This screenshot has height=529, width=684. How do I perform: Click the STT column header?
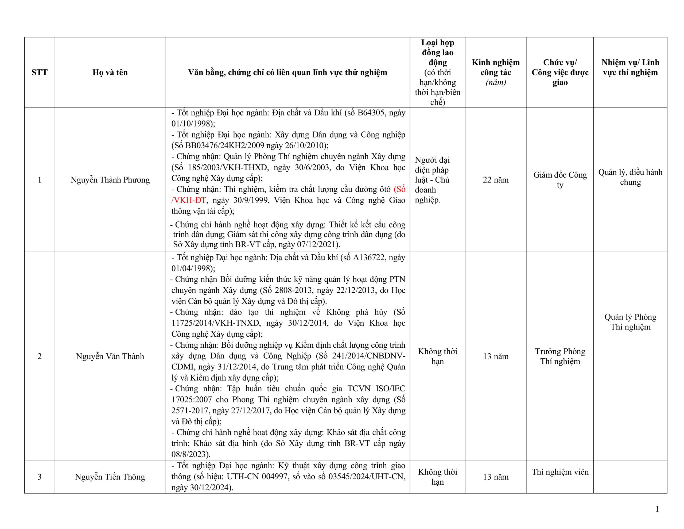pyautogui.click(x=40, y=72)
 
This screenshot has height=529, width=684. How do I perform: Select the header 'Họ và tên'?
pyautogui.click(x=110, y=72)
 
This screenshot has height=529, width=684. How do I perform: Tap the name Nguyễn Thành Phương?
pyautogui.click(x=110, y=180)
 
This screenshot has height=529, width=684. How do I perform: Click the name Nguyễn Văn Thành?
pyautogui.click(x=110, y=356)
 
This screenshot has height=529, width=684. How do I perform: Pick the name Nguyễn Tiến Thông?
pyautogui.click(x=110, y=477)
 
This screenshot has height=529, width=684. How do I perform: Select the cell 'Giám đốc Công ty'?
pyautogui.click(x=560, y=180)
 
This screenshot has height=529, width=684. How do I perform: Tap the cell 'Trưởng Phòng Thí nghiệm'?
pyautogui.click(x=560, y=356)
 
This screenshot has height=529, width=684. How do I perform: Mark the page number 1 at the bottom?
pyautogui.click(x=657, y=509)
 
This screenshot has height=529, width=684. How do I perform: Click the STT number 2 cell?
pyautogui.click(x=40, y=356)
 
